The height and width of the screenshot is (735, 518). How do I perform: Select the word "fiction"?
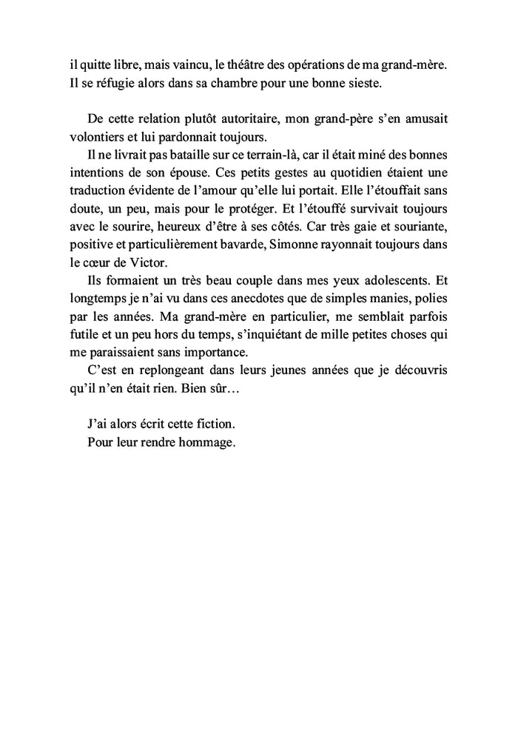point(215,425)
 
